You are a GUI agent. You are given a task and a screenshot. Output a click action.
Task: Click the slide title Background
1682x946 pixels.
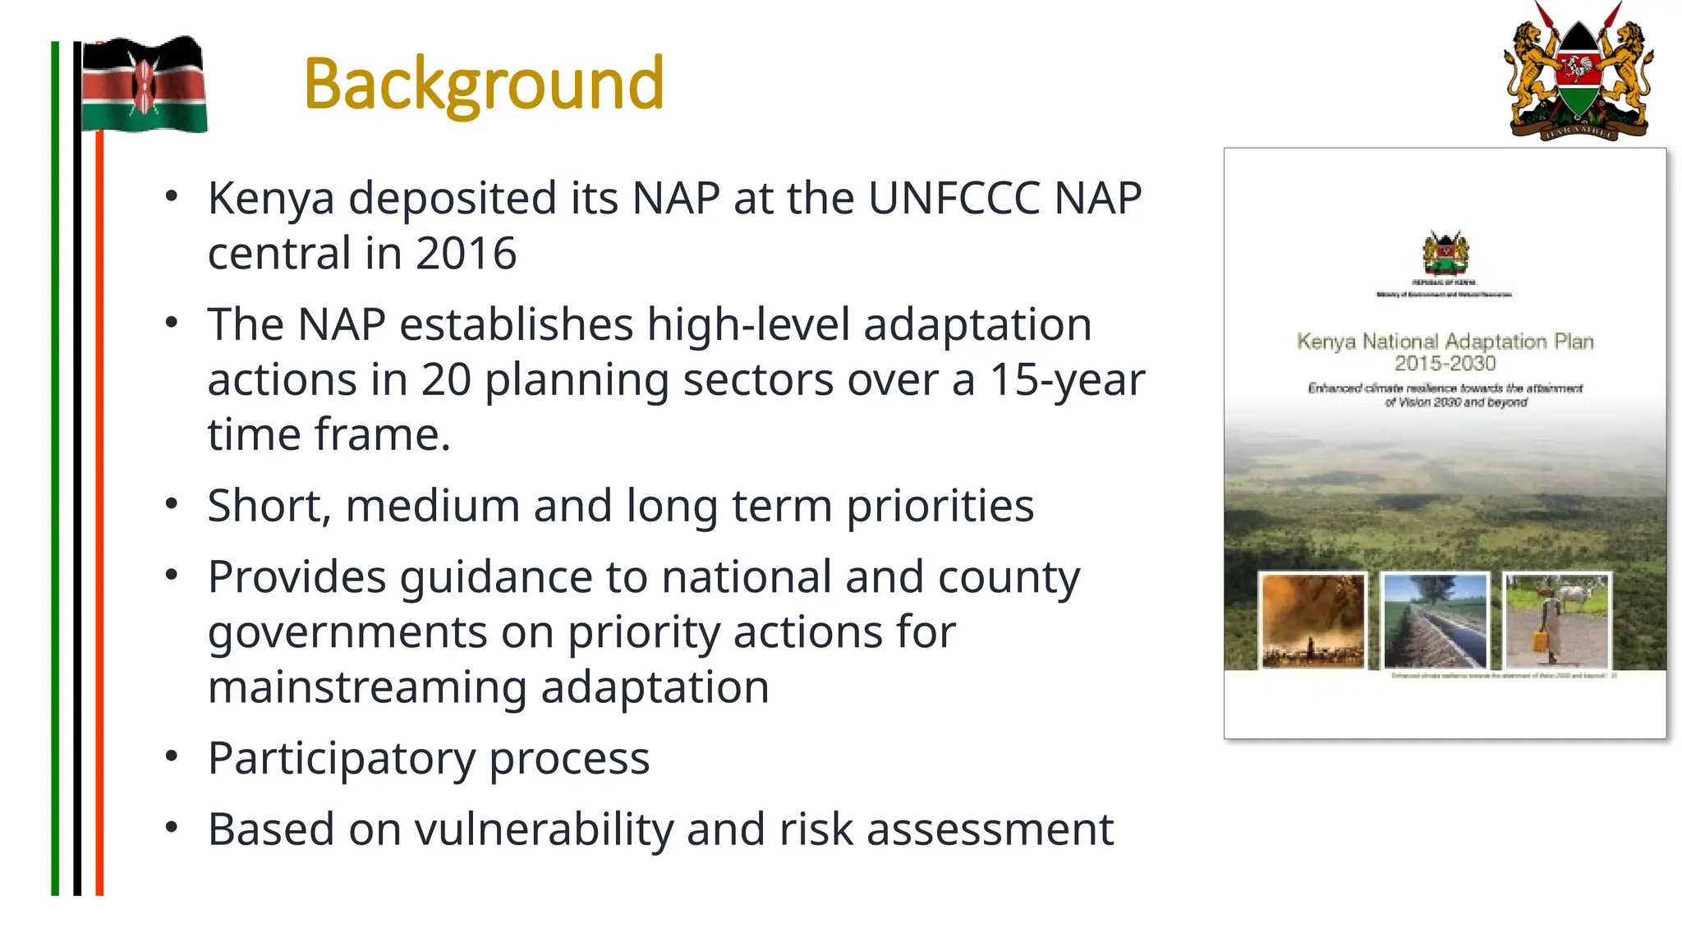pyautogui.click(x=483, y=84)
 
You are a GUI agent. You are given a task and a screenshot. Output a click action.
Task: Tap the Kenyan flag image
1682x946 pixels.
pyautogui.click(x=144, y=85)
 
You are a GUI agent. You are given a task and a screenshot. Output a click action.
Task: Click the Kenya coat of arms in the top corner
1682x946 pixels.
pyautogui.click(x=1578, y=72)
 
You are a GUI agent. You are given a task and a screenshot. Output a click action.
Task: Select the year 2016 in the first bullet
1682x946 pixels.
pyautogui.click(x=466, y=254)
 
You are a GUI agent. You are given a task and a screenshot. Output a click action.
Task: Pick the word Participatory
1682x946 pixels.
pyautogui.click(x=341, y=759)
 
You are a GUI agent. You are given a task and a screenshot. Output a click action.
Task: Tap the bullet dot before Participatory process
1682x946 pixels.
pyautogui.click(x=171, y=755)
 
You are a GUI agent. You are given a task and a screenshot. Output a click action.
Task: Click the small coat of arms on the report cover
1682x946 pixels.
pyautogui.click(x=1445, y=253)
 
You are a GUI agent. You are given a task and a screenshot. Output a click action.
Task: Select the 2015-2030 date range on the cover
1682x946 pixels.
pyautogui.click(x=1445, y=363)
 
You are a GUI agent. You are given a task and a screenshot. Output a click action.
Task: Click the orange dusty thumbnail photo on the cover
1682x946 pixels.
pyautogui.click(x=1312, y=621)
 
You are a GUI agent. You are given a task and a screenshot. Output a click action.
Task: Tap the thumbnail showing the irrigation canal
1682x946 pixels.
pyautogui.click(x=1435, y=621)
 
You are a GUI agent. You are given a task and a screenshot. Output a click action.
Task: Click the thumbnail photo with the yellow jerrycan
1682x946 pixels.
pyautogui.click(x=1556, y=621)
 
